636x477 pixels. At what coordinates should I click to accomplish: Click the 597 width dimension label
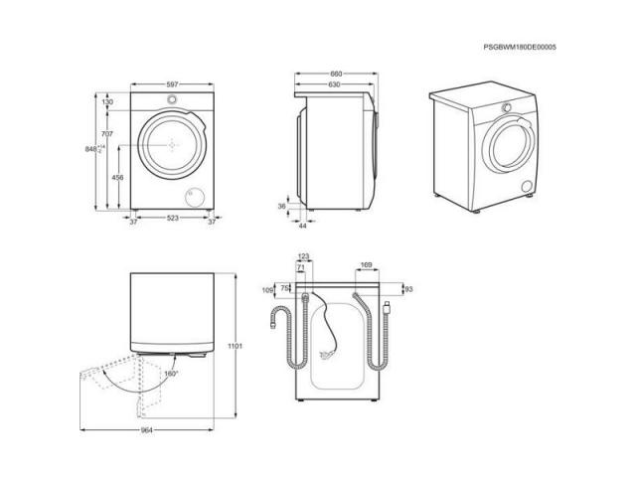[x=172, y=84]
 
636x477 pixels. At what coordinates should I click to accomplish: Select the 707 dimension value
[x=107, y=134]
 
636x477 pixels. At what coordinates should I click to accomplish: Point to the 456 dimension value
[x=117, y=177]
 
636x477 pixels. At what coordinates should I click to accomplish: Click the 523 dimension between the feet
[x=173, y=219]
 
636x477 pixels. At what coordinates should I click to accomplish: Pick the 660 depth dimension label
[x=336, y=74]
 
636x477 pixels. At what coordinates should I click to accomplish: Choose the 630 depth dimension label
[x=334, y=84]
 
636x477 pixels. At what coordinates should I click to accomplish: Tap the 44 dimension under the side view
[x=302, y=226]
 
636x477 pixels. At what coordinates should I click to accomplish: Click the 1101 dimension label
[x=235, y=346]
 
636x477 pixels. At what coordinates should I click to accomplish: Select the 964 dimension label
[x=146, y=430]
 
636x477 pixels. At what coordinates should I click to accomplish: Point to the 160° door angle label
[x=171, y=374]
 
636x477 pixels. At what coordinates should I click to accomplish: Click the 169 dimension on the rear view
[x=366, y=265]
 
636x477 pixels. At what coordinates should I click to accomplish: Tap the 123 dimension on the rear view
[x=303, y=256]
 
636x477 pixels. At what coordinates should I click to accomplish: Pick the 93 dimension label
[x=408, y=289]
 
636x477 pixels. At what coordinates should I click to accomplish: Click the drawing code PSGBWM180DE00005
[x=520, y=47]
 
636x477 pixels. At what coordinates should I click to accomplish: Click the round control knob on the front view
[x=172, y=99]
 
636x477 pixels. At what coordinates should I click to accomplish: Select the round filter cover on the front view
[x=195, y=198]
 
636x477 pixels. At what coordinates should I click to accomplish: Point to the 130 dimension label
[x=107, y=102]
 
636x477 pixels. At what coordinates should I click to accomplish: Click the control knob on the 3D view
[x=506, y=107]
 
